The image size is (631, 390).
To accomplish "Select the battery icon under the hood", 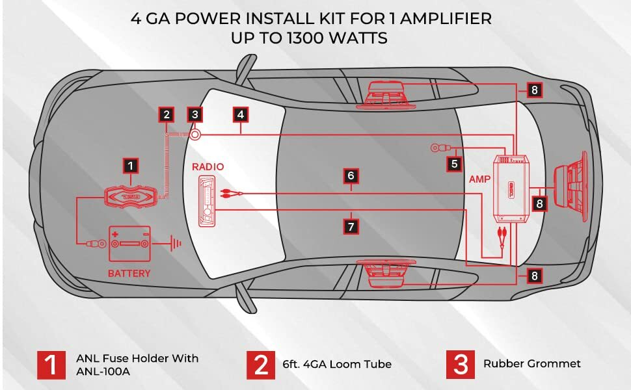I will pyautogui.click(x=130, y=243).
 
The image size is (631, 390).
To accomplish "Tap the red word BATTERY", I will pyautogui.click(x=130, y=274).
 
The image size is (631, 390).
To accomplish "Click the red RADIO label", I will pyautogui.click(x=208, y=167).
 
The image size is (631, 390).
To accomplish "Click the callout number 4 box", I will pyautogui.click(x=241, y=114).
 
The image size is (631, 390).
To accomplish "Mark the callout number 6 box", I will pyautogui.click(x=351, y=175).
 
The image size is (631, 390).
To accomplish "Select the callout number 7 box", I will pyautogui.click(x=351, y=226).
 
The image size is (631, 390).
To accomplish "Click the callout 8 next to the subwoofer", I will pyautogui.click(x=539, y=203).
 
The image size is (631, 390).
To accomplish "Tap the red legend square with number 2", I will pyautogui.click(x=260, y=365).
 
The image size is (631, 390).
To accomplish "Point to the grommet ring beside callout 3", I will pyautogui.click(x=195, y=134).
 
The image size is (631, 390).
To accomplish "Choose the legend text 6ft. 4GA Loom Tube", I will pyautogui.click(x=337, y=364).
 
